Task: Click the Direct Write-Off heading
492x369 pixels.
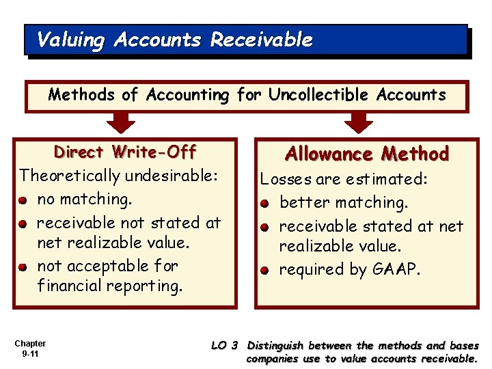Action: [x=125, y=152]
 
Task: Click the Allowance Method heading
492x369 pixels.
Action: [x=366, y=154]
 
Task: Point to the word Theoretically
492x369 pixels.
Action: [x=67, y=176]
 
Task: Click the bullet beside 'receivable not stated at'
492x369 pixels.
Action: [x=24, y=223]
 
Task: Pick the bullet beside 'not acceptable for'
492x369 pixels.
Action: [x=24, y=267]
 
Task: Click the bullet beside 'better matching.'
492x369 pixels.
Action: [x=266, y=204]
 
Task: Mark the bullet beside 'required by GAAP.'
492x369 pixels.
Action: [x=266, y=271]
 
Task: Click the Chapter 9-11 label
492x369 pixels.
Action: [x=29, y=349]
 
